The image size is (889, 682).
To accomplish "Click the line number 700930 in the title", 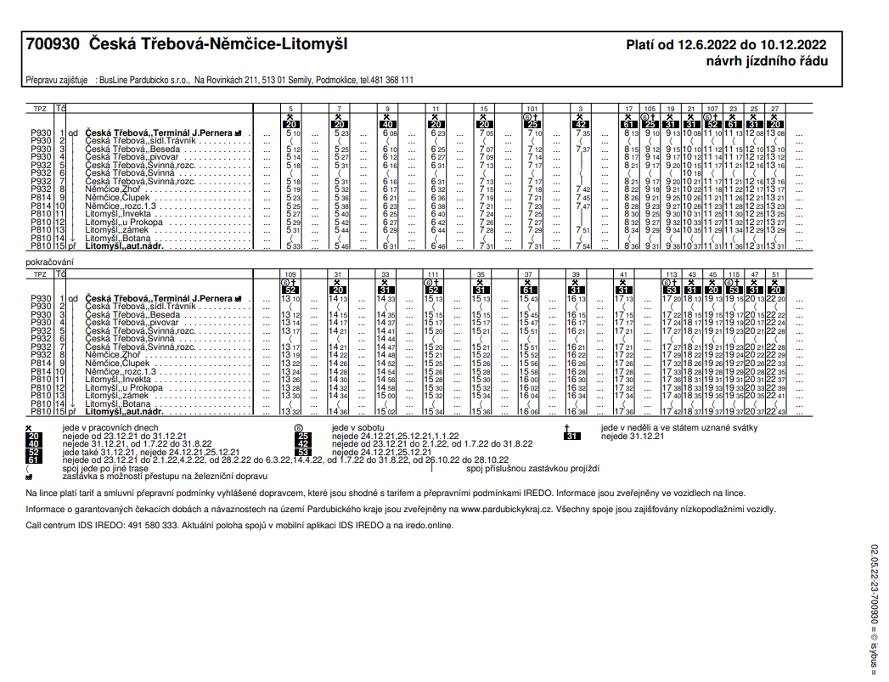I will coord(53,43).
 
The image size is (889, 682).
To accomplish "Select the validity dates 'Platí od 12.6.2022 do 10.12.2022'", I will coord(727,45).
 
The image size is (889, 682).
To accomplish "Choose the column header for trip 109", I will coord(290,274).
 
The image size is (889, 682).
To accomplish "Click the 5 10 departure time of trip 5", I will coord(293,133).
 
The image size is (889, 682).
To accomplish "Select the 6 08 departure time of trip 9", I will coord(390,133).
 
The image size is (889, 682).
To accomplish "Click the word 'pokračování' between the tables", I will coord(50,262).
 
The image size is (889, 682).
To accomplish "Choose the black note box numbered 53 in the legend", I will coord(304,452).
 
